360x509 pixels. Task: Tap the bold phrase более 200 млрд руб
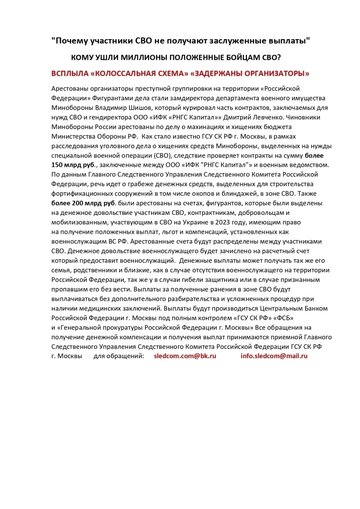click(x=83, y=203)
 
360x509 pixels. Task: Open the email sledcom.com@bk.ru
click(x=185, y=356)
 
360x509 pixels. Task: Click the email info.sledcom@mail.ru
click(x=274, y=356)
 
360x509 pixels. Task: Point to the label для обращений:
click(x=119, y=356)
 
